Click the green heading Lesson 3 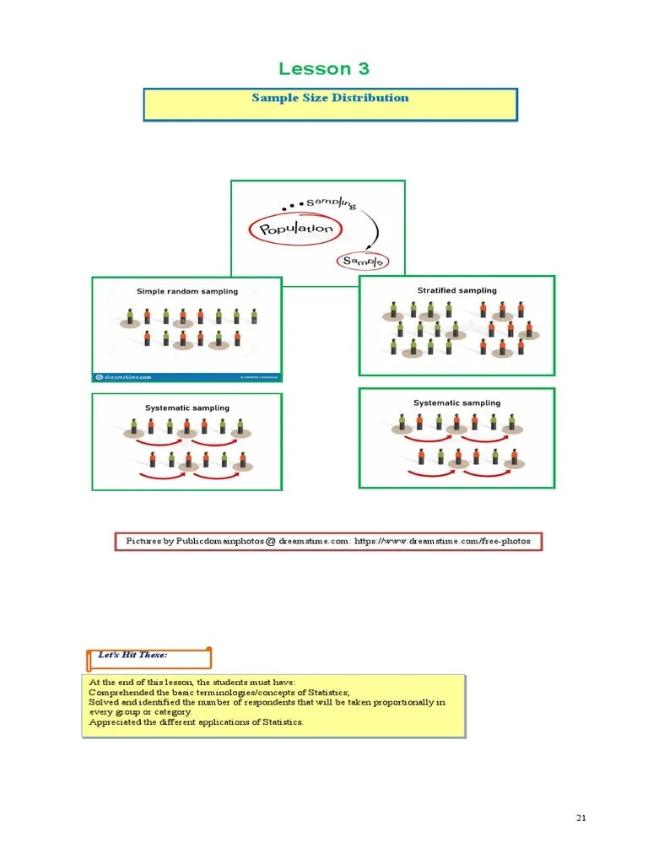click(323, 69)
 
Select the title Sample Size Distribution click(330, 98)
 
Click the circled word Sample click(363, 262)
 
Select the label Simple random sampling click(187, 291)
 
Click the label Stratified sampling click(456, 290)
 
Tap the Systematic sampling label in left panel click(186, 408)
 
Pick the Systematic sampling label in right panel click(456, 402)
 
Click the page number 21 click(581, 818)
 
